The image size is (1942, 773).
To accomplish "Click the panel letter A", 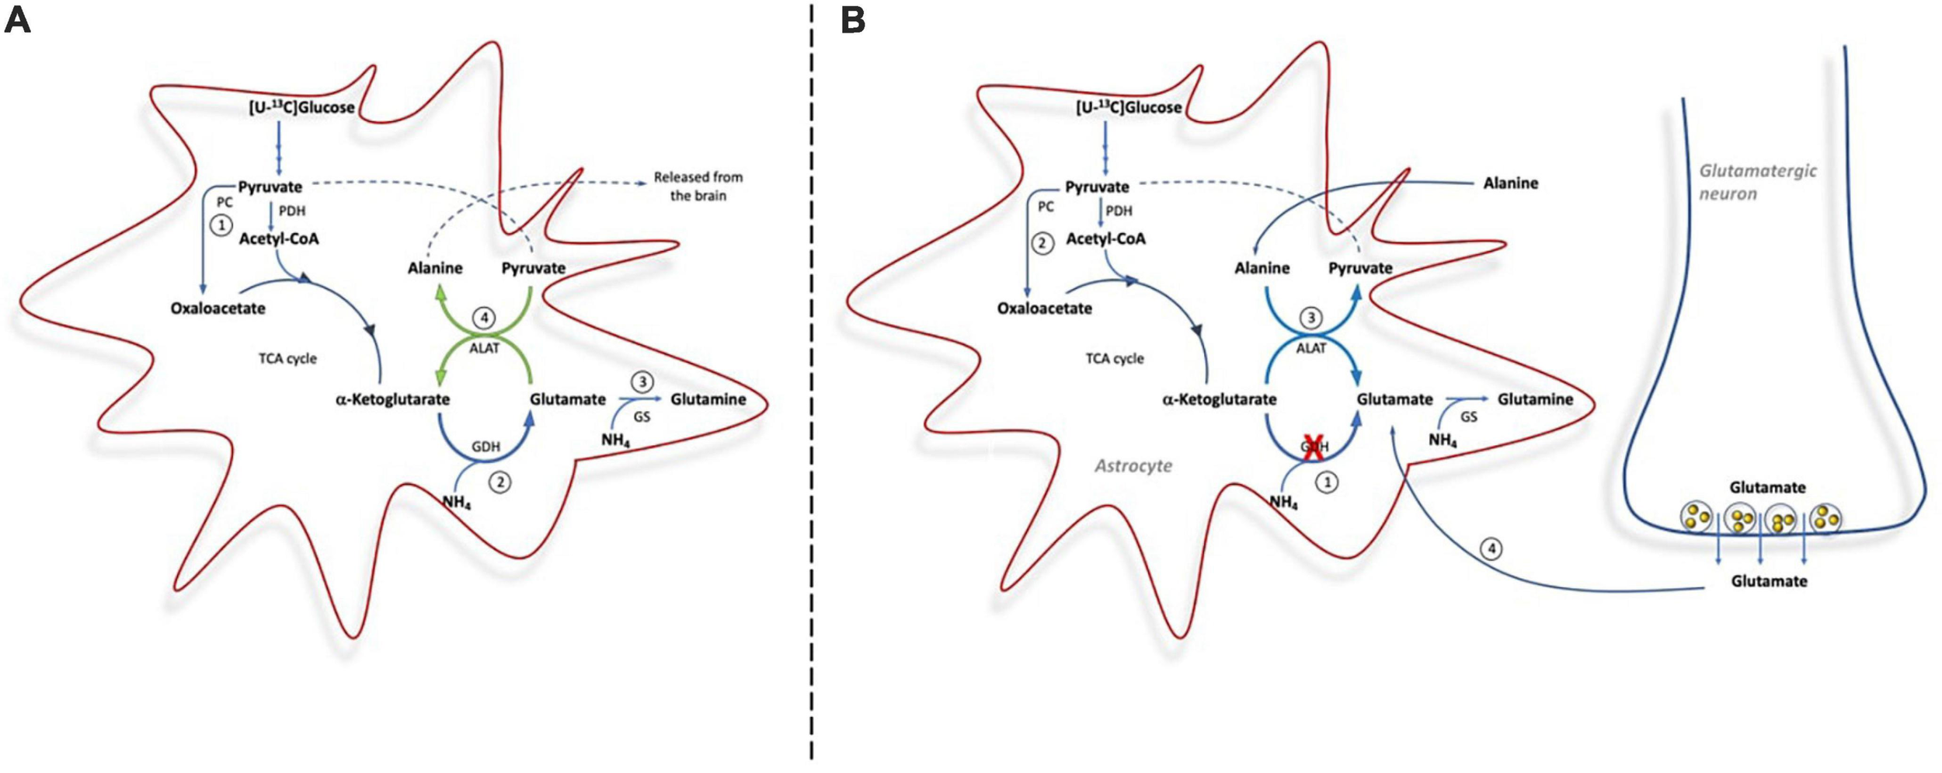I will pyautogui.click(x=17, y=20).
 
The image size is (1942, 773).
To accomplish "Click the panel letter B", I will pyautogui.click(x=853, y=20).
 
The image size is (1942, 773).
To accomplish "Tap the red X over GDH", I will pyautogui.click(x=1313, y=448).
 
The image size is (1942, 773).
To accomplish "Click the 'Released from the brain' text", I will pyautogui.click(x=698, y=186).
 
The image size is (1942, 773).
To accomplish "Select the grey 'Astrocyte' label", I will pyautogui.click(x=1133, y=466).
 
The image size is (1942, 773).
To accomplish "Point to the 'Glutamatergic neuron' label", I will pyautogui.click(x=1756, y=182).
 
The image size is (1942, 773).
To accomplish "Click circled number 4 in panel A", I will pyautogui.click(x=484, y=318).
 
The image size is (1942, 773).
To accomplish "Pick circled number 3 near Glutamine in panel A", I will pyautogui.click(x=642, y=381).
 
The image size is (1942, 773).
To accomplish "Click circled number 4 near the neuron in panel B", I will pyautogui.click(x=1491, y=549).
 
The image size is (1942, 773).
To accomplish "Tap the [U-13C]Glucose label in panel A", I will pyautogui.click(x=301, y=108).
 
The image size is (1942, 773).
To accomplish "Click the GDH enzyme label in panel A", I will pyautogui.click(x=486, y=447).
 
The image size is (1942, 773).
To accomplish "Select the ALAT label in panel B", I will pyautogui.click(x=1311, y=348).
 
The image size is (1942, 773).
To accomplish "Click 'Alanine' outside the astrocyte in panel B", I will pyautogui.click(x=1510, y=183).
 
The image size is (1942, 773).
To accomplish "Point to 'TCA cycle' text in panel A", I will pyautogui.click(x=287, y=359).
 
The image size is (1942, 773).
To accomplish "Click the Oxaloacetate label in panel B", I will pyautogui.click(x=1044, y=308).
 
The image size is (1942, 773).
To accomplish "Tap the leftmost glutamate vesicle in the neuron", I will pyautogui.click(x=1696, y=517).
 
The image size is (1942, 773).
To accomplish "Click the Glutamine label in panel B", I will pyautogui.click(x=1535, y=399).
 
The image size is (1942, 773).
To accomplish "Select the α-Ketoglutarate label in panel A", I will pyautogui.click(x=392, y=399).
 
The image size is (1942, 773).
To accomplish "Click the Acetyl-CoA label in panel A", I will pyautogui.click(x=278, y=239).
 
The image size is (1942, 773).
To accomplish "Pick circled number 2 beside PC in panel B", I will pyautogui.click(x=1042, y=243).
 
